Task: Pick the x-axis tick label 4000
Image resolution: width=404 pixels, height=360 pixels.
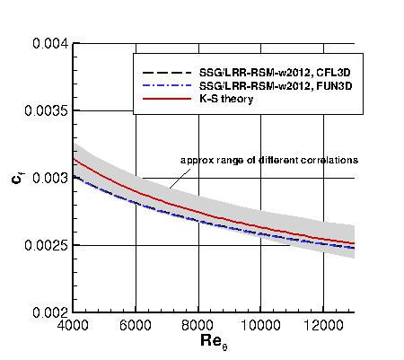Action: [74, 325]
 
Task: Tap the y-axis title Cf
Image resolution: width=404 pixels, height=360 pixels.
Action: [17, 178]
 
